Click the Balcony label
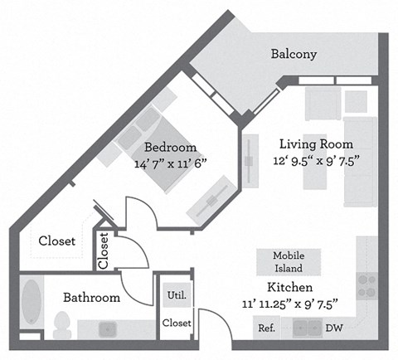(x=294, y=55)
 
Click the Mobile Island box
(x=289, y=262)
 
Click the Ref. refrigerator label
(x=266, y=328)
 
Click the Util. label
(x=176, y=294)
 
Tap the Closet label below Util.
(x=177, y=322)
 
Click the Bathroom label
(x=93, y=297)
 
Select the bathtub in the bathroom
(x=32, y=303)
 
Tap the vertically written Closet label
(x=104, y=251)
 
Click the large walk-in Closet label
(x=57, y=241)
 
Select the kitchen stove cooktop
(x=366, y=285)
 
